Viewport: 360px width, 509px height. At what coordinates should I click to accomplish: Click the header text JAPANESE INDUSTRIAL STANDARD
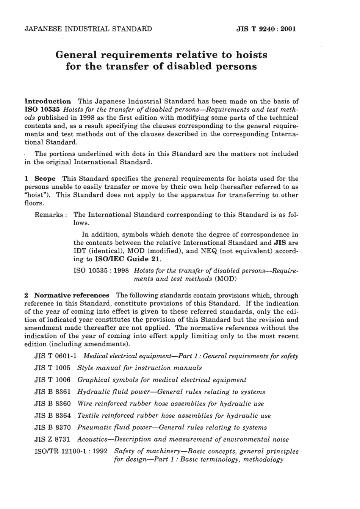point(88,29)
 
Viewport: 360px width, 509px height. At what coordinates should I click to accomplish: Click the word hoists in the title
point(252,55)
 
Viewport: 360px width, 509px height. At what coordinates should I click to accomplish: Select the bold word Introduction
point(47,101)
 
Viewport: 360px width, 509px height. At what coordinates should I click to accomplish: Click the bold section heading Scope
point(45,179)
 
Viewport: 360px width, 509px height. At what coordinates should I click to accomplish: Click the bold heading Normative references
point(72,295)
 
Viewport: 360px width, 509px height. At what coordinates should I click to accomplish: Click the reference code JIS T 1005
point(52,368)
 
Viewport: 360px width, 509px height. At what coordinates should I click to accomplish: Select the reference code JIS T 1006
point(52,380)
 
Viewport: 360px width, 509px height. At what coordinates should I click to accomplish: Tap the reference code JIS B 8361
point(52,392)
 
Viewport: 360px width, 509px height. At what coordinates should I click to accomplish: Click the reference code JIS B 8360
point(52,404)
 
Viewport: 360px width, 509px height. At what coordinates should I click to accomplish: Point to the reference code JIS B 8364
point(52,416)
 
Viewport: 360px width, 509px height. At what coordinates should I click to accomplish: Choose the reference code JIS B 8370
point(52,428)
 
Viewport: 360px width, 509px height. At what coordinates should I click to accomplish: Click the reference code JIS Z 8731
point(52,440)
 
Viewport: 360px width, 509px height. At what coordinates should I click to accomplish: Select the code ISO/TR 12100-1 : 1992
point(71,451)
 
